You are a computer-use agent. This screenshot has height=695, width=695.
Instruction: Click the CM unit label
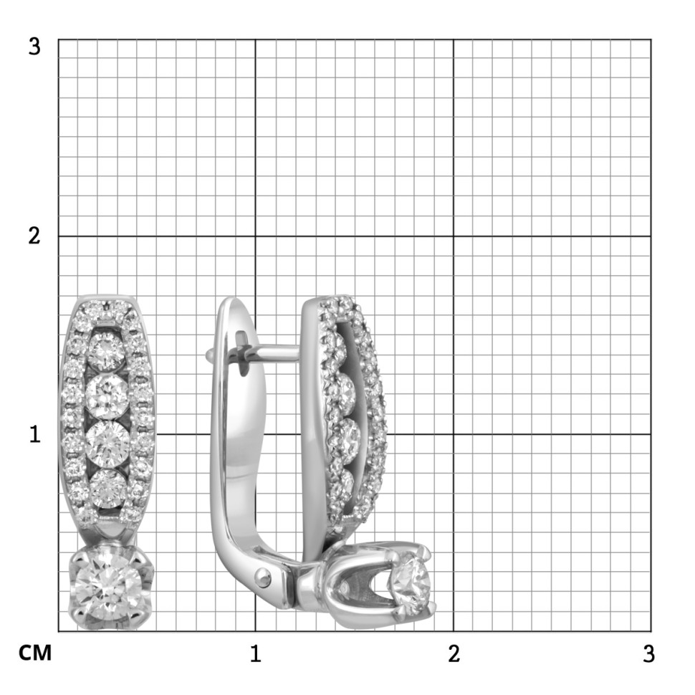point(35,653)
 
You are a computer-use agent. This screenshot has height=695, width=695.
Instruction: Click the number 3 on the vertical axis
point(34,47)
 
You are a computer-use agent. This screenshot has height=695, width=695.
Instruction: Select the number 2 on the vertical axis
point(34,236)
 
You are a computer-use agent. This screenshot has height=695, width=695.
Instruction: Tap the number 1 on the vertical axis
point(34,434)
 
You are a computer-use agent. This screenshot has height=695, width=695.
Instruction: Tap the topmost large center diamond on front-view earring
point(107,350)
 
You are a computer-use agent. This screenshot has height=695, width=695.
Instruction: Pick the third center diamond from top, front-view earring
point(107,441)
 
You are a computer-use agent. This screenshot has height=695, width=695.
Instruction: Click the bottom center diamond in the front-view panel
point(107,487)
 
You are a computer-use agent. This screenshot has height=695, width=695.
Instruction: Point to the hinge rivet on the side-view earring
point(264,575)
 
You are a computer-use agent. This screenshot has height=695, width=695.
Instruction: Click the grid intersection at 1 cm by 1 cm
point(255,434)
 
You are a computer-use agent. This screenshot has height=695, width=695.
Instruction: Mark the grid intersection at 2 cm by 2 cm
point(453,236)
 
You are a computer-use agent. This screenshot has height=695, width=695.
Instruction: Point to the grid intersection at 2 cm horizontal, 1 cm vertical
point(453,434)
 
